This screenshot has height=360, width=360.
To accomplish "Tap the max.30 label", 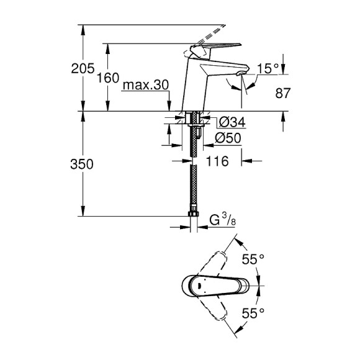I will [x=145, y=85].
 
